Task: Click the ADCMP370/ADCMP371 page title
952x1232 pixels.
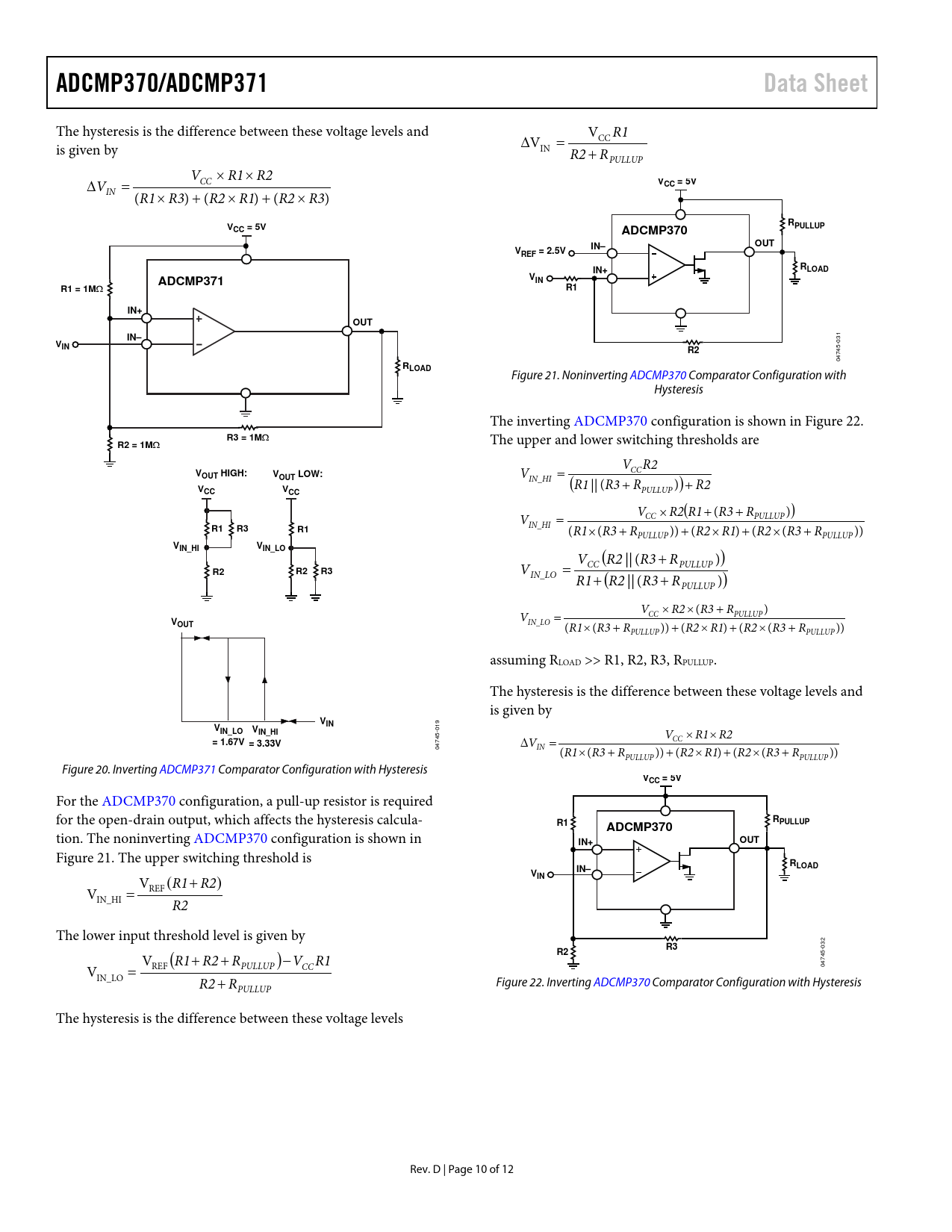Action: (x=161, y=83)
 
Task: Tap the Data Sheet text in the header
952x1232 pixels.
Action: (x=815, y=83)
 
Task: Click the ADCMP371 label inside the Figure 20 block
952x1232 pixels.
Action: (x=190, y=281)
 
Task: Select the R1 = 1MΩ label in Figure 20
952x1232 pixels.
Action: (x=81, y=289)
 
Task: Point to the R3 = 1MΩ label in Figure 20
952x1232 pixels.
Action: (x=248, y=438)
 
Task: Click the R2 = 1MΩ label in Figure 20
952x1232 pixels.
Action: (x=138, y=445)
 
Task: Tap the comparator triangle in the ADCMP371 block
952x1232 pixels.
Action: (x=212, y=332)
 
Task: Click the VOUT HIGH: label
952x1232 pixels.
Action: (x=221, y=474)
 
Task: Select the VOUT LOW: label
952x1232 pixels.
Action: (x=297, y=474)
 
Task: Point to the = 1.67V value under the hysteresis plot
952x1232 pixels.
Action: (x=228, y=742)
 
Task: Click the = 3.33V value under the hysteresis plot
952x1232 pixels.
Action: (x=264, y=744)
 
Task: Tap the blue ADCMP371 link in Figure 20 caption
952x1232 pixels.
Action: (x=187, y=770)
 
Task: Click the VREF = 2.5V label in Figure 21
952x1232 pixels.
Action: (x=540, y=251)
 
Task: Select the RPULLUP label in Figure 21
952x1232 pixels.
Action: (x=806, y=224)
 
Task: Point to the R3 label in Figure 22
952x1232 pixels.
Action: (x=671, y=947)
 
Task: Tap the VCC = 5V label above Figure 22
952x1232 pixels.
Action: (x=662, y=778)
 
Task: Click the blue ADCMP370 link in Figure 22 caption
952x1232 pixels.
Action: (x=621, y=983)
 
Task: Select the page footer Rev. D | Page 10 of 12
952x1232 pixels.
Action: (x=461, y=1169)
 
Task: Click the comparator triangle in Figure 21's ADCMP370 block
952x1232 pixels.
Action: (x=665, y=266)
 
